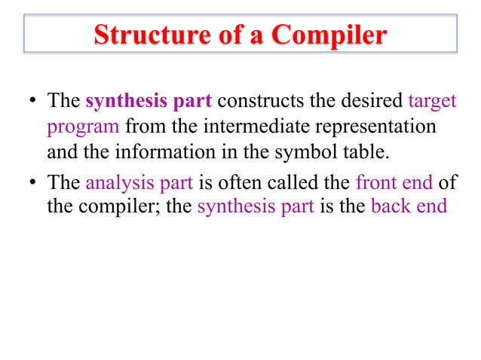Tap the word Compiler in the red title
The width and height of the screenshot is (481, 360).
(x=331, y=35)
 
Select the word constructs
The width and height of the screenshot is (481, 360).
(x=253, y=100)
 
